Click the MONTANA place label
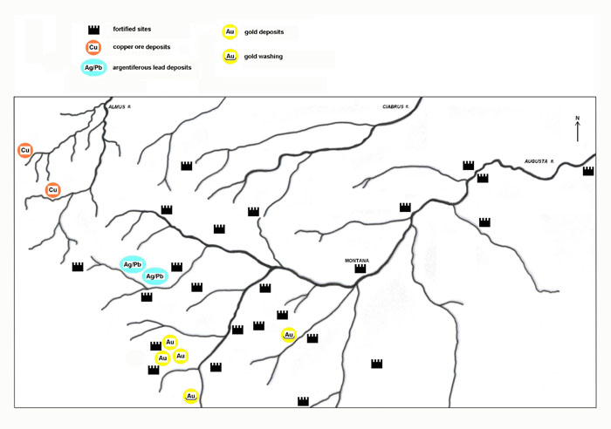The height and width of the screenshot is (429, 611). pyautogui.click(x=356, y=261)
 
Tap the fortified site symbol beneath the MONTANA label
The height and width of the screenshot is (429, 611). pyautogui.click(x=360, y=269)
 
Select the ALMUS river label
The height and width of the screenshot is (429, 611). pyautogui.click(x=120, y=106)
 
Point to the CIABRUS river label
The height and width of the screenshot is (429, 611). pyautogui.click(x=395, y=106)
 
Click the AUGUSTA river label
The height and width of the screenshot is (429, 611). pyautogui.click(x=539, y=161)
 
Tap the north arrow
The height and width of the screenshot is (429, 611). pyautogui.click(x=578, y=132)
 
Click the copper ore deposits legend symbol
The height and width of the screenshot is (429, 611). pyautogui.click(x=93, y=47)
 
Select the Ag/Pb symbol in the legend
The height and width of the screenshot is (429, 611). pyautogui.click(x=93, y=68)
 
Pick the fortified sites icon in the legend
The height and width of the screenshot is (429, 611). pyautogui.click(x=93, y=30)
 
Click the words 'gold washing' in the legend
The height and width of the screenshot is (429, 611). pyautogui.click(x=264, y=57)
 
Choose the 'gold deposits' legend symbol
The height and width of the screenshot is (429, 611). pyautogui.click(x=230, y=32)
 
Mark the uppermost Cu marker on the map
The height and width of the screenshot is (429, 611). pyautogui.click(x=25, y=150)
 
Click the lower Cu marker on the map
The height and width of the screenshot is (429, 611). pyautogui.click(x=52, y=190)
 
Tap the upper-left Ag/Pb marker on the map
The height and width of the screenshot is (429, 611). pyautogui.click(x=133, y=265)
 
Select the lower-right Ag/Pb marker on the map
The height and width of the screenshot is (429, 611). pyautogui.click(x=154, y=276)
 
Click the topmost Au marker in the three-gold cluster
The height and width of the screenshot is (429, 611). pyautogui.click(x=170, y=342)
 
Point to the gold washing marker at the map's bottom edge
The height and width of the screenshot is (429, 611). pyautogui.click(x=190, y=396)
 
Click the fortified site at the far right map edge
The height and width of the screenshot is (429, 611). pyautogui.click(x=588, y=171)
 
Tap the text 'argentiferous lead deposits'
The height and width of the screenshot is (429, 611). pyautogui.click(x=152, y=67)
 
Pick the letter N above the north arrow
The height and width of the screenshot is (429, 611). pyautogui.click(x=578, y=118)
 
